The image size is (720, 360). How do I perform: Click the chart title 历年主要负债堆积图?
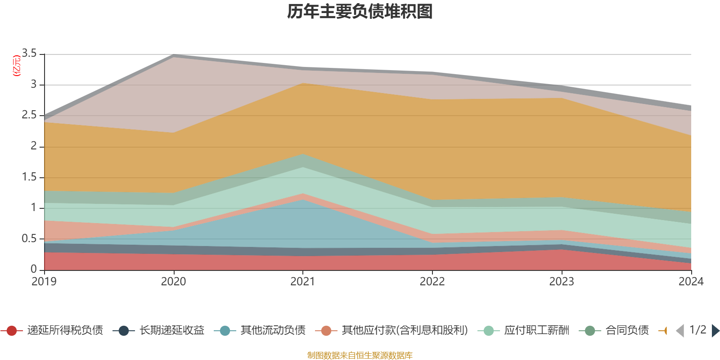360,12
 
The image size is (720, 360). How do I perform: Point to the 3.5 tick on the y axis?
29,54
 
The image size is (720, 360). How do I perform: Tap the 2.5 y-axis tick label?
29,115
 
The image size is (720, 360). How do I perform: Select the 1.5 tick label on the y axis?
29,177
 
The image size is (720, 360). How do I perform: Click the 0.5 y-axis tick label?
29,238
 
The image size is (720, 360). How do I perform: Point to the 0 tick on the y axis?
34,269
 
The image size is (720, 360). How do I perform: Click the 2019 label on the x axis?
44,282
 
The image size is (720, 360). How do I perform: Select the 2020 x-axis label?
174,282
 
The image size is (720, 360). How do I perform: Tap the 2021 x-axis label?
303,282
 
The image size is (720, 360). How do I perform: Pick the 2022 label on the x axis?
432,282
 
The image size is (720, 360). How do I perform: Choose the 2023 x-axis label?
562,282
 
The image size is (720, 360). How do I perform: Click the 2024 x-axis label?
691,282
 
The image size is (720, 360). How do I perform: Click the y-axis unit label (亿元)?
17,66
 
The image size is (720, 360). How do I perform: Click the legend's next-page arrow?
715,331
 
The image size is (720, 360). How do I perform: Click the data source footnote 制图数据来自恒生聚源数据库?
360,355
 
